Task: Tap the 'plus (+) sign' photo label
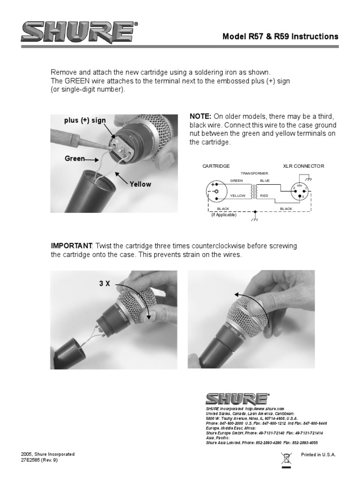[x=85, y=120]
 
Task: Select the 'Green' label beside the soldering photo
[x=74, y=159]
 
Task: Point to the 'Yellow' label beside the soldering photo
[x=141, y=184]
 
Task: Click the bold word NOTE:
[x=201, y=116]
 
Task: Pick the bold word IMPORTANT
[x=72, y=246]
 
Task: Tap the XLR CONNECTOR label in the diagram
[x=303, y=166]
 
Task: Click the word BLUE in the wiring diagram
[x=265, y=180]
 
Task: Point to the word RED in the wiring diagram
[x=263, y=196]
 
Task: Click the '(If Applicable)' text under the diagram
[x=224, y=215]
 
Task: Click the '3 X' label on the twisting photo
[x=105, y=284]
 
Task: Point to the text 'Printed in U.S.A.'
[x=318, y=455]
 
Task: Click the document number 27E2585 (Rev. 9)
[x=40, y=460]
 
